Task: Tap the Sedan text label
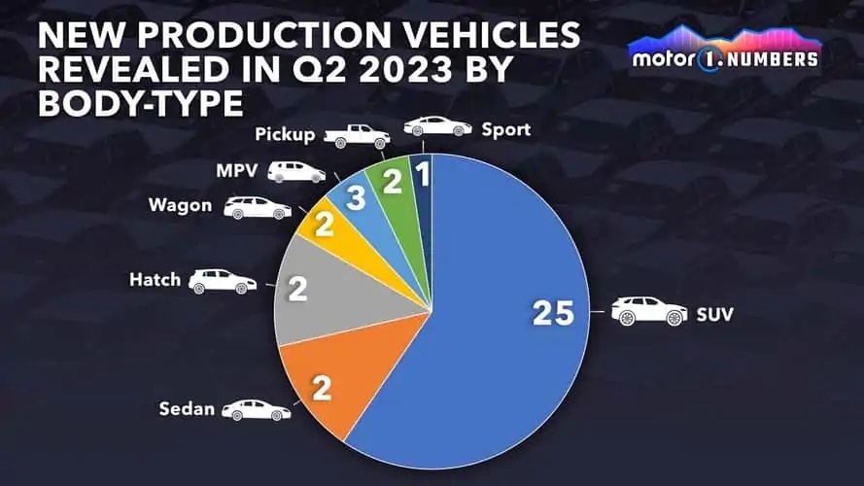pyautogui.click(x=187, y=408)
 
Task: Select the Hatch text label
pyautogui.click(x=155, y=280)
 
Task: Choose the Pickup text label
pyautogui.click(x=285, y=135)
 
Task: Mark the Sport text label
pyautogui.click(x=506, y=128)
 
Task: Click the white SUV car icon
pyautogui.click(x=648, y=312)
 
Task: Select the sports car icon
pyautogui.click(x=437, y=126)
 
